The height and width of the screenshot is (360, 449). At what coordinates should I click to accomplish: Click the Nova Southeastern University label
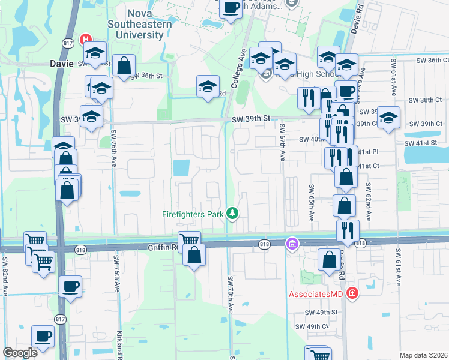136,25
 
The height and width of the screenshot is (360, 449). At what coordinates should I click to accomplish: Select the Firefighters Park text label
193,214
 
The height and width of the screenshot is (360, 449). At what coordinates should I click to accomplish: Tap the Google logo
20,353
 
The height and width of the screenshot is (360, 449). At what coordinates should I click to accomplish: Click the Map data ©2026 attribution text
423,355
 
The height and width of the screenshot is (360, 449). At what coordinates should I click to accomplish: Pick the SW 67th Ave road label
282,143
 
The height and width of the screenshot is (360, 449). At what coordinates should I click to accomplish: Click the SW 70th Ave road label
230,295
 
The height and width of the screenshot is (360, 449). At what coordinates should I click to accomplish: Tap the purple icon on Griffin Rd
292,243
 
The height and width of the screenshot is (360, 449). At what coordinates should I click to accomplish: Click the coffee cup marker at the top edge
231,8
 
